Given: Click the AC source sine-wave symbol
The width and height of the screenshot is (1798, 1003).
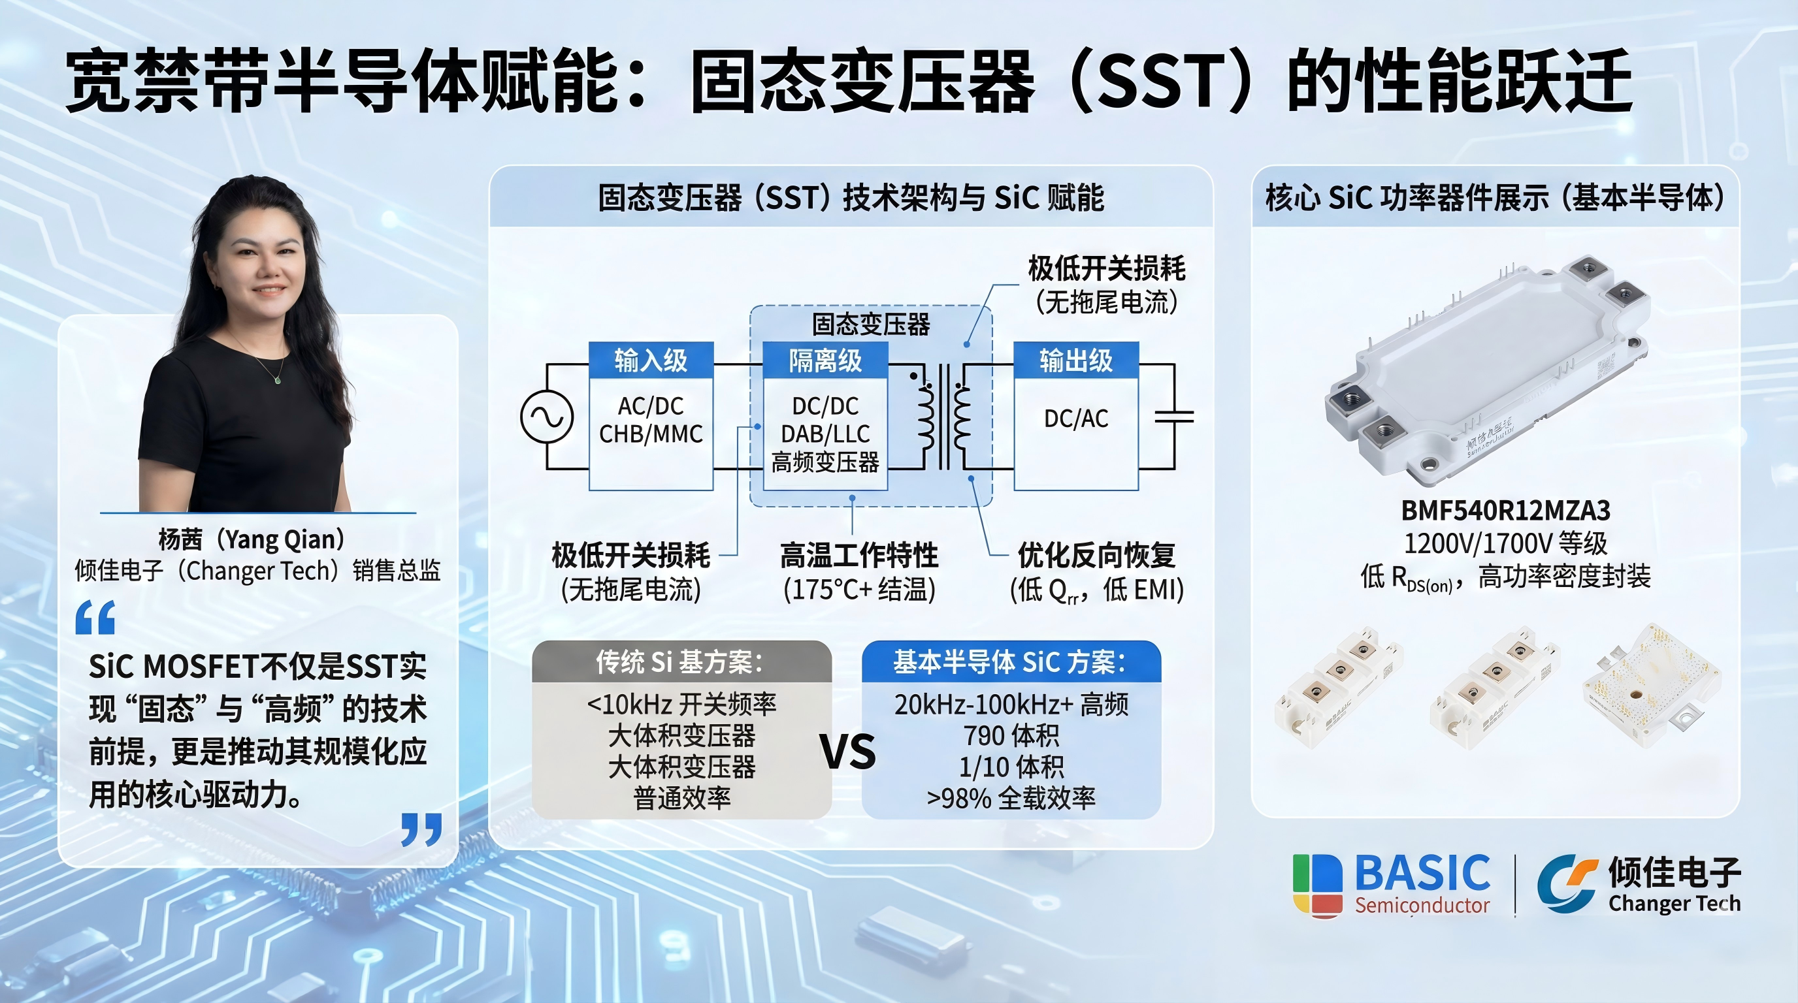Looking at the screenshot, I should tap(546, 417).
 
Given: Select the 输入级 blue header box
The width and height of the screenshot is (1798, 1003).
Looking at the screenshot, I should tap(651, 360).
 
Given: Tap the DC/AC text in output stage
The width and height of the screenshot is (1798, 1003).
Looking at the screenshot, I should tap(1075, 419).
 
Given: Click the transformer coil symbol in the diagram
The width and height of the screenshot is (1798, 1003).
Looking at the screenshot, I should tap(943, 417).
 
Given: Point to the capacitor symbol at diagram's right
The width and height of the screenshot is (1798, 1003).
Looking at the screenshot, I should tap(1174, 417).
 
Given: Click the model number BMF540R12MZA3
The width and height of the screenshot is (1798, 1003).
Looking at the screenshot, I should tap(1505, 511).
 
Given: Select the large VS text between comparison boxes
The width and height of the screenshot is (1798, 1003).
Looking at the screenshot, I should tap(847, 752).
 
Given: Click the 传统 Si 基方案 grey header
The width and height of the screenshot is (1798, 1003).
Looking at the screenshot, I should tap(681, 662).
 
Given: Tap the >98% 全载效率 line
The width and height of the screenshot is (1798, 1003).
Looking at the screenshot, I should tap(1011, 798).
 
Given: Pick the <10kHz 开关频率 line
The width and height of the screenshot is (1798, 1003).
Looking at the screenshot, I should tap(681, 705).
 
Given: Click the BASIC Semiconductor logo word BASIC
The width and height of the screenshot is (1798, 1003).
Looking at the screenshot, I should tap(1422, 874).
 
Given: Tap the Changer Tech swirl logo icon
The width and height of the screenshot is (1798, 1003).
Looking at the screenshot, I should tap(1567, 883).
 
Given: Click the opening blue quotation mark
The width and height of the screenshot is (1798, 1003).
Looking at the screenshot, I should tap(95, 617).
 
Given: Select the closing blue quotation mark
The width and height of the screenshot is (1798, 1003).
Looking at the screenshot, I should tap(421, 829).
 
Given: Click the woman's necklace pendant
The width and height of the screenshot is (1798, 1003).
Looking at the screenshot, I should tap(277, 380).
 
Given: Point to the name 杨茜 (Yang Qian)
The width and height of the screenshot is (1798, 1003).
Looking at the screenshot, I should tap(252, 539).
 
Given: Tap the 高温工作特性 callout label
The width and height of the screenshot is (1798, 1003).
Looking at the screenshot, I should tap(858, 556).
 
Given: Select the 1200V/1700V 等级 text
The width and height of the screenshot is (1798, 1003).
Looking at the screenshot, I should tap(1505, 543).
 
